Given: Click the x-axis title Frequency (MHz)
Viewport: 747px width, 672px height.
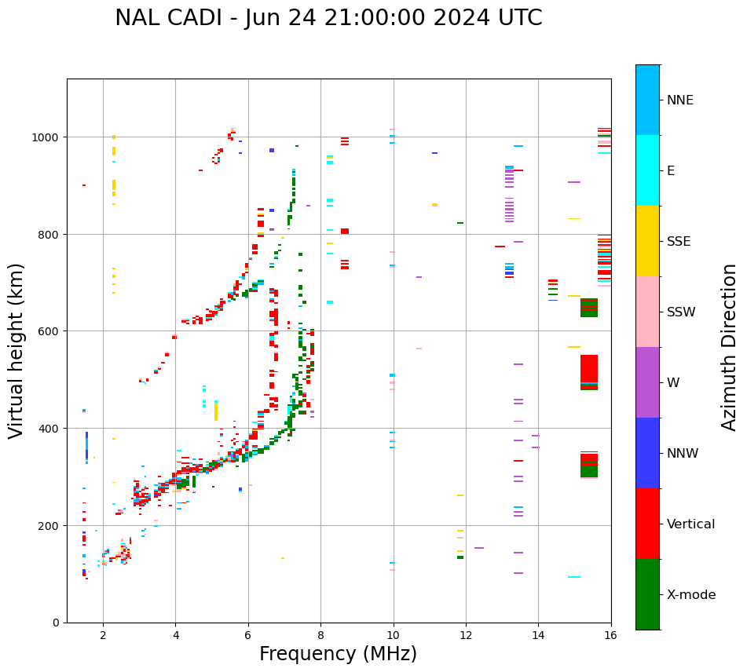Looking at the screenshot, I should coord(338,654).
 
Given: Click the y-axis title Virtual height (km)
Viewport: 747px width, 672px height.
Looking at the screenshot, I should coord(16,350).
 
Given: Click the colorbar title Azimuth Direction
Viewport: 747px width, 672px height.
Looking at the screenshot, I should coord(730,347).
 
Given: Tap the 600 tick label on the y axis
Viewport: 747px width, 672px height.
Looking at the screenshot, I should coord(50,331).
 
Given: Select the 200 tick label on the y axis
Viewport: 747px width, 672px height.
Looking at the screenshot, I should coord(50,525).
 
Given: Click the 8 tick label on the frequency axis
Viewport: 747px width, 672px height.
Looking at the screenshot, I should coord(320,636).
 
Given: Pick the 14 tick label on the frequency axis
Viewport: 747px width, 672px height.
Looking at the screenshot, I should coord(538,636).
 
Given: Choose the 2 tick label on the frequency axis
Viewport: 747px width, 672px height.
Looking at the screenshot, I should coord(103,636).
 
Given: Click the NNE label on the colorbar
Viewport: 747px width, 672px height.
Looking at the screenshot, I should coord(680,100).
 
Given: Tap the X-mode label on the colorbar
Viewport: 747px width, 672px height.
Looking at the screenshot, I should coord(691,594).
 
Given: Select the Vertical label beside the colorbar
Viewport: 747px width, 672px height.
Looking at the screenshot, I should coord(690,524).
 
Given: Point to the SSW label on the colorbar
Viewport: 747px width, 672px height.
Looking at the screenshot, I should coord(681,312).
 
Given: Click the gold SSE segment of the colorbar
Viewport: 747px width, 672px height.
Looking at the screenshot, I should coord(647,241).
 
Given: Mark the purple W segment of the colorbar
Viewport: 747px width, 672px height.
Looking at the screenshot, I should coord(647,382).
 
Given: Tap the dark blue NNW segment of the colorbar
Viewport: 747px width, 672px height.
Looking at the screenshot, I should coord(647,453).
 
